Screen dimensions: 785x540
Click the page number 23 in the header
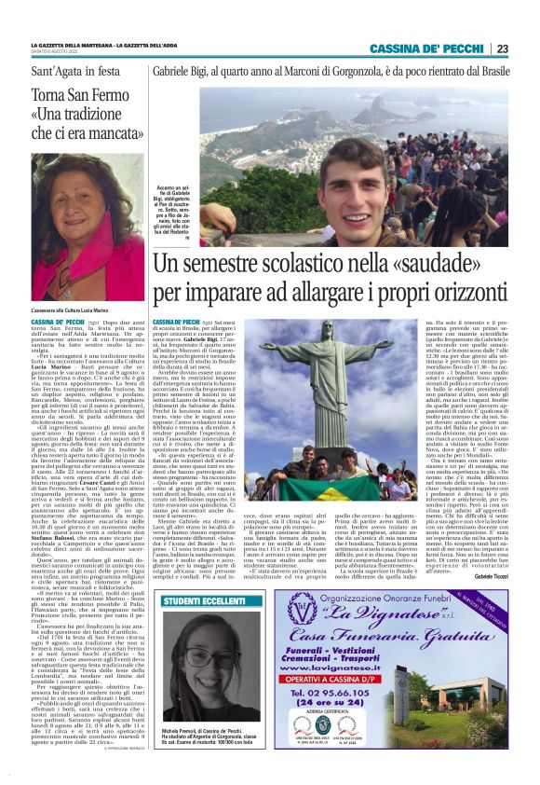[502, 48]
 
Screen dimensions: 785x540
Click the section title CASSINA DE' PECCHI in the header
[427, 48]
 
